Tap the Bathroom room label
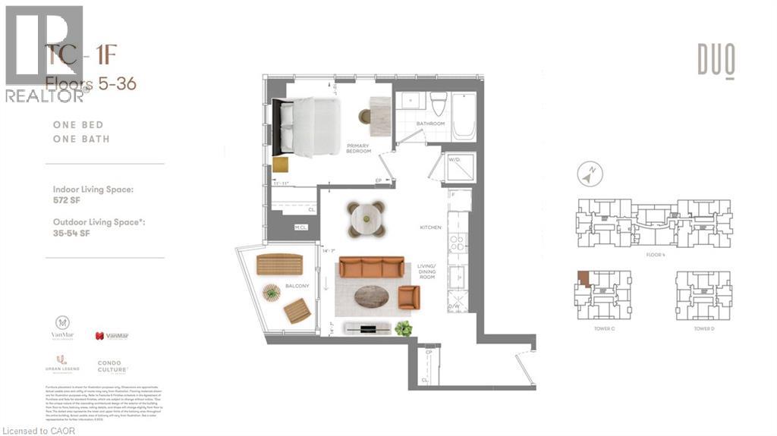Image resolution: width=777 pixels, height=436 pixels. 429,124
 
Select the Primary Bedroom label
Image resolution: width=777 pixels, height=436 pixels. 358,148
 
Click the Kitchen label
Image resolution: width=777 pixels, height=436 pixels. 430,227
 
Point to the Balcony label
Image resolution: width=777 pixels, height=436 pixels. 296,286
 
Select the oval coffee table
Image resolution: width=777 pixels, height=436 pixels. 372,296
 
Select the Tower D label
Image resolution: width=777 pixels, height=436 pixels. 703,329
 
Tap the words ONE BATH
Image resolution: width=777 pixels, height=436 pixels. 80,139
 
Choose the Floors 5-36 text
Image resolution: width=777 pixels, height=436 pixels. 91,84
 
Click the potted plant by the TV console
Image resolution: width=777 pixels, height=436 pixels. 403,328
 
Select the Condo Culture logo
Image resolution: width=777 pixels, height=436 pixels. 109,366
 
